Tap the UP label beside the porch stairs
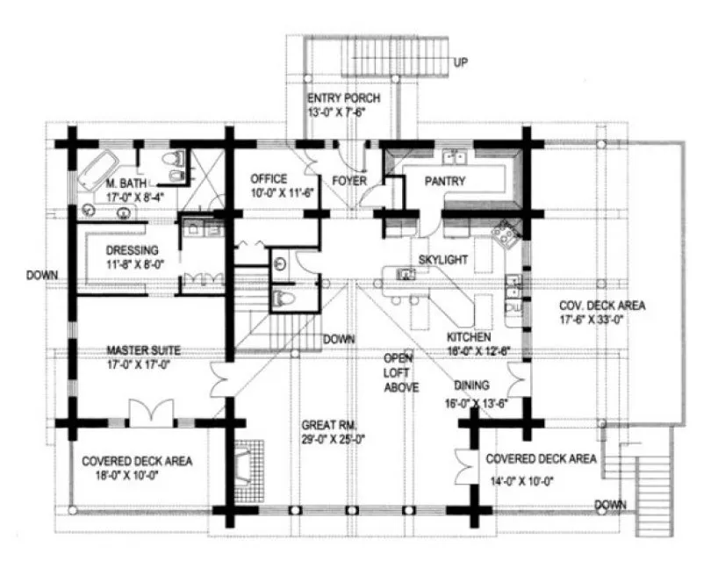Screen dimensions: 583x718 pyautogui.click(x=460, y=62)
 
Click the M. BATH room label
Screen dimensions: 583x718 pyautogui.click(x=125, y=184)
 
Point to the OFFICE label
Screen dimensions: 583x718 pyautogui.click(x=269, y=179)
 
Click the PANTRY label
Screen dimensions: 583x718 pyautogui.click(x=444, y=182)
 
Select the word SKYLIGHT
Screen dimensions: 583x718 pyautogui.click(x=442, y=260)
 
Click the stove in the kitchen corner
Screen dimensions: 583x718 pyautogui.click(x=507, y=232)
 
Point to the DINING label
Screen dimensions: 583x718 pyautogui.click(x=472, y=385)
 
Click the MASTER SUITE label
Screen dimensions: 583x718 pyautogui.click(x=138, y=348)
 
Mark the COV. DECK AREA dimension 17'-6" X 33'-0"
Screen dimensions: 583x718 pyautogui.click(x=603, y=321)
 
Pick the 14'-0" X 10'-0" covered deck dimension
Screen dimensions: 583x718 pyautogui.click(x=530, y=480)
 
